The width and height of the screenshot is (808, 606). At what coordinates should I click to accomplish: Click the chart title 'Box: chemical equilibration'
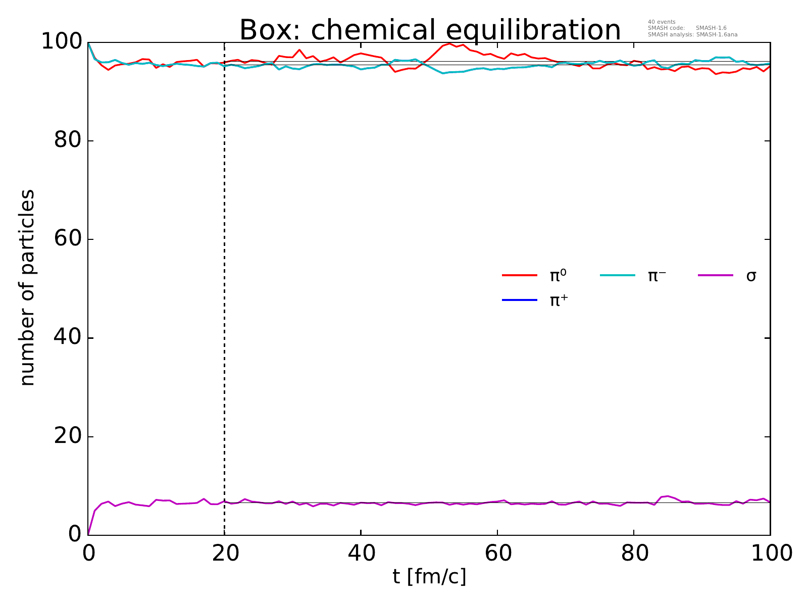point(430,30)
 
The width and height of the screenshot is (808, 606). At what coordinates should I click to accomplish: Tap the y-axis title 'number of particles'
point(28,288)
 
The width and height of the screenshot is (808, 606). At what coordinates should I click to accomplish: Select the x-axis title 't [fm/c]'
point(429,576)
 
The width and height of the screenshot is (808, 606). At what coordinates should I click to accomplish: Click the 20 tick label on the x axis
point(225,553)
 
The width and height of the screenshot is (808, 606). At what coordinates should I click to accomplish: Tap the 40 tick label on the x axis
point(361,553)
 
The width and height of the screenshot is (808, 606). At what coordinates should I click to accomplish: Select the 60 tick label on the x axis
point(497,553)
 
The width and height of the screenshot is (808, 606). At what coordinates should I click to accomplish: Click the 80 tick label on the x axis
point(634,553)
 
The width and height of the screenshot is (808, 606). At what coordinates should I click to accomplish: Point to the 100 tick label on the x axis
point(770,553)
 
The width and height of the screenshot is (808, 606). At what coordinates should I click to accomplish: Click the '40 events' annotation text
point(662,22)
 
